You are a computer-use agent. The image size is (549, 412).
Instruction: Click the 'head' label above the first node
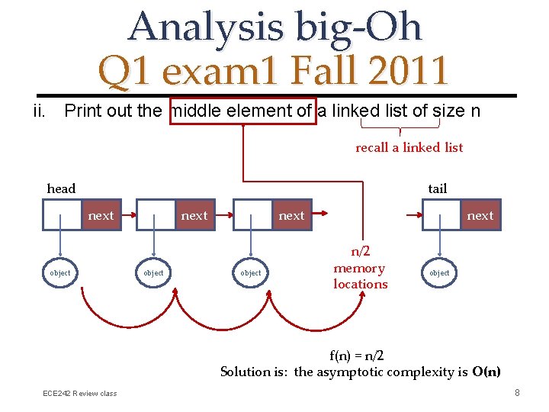pyautogui.click(x=61, y=188)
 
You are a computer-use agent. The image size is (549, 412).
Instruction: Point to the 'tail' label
pyautogui.click(x=438, y=188)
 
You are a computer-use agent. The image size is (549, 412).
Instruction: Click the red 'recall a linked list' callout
pyautogui.click(x=409, y=147)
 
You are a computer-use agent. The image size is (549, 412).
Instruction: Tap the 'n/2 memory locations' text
pyautogui.click(x=360, y=269)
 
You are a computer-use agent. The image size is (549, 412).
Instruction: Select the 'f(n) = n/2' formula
pyautogui.click(x=356, y=356)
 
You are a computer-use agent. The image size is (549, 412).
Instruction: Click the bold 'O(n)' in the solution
pyautogui.click(x=486, y=372)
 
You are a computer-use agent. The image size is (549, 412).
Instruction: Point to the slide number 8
pyautogui.click(x=517, y=393)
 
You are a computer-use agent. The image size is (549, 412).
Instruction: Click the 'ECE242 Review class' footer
pyautogui.click(x=80, y=393)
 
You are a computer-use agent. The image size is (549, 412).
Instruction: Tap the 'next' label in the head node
pyautogui.click(x=101, y=216)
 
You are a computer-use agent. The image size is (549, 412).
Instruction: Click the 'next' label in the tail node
pyautogui.click(x=480, y=216)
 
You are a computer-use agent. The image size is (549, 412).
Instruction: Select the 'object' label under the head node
pyautogui.click(x=59, y=272)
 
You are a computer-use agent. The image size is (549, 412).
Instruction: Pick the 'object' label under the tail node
pyautogui.click(x=439, y=272)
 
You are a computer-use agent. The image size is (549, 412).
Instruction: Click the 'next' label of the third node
pyautogui.click(x=291, y=216)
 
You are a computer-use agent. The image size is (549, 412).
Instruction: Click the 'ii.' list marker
pyautogui.click(x=41, y=111)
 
